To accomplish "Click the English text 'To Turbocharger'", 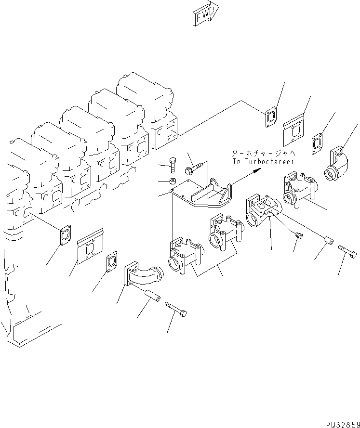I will (x=263, y=162).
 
